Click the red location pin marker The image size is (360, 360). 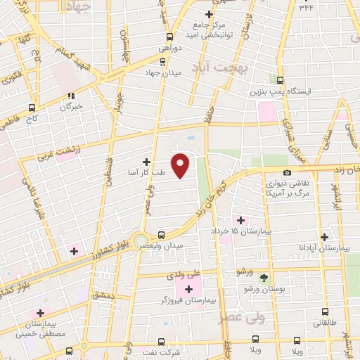pos(181,165)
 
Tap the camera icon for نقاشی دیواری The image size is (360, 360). pos(287,173)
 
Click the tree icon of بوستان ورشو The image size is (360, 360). pos(264,278)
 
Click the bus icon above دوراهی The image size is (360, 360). pos(169,37)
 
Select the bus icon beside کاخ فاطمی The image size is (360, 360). pos(32,108)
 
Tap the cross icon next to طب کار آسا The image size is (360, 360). pos(146,161)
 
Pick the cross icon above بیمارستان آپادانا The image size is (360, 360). pos(324,237)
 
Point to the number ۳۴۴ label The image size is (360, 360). pos(307,8)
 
